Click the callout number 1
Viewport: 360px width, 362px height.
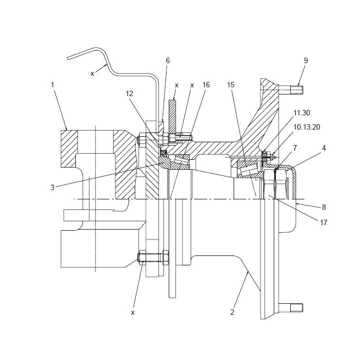click(x=52, y=85)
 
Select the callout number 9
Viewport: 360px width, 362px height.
click(x=306, y=60)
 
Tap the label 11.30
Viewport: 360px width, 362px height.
click(x=302, y=113)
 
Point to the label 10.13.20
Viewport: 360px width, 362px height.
click(x=307, y=127)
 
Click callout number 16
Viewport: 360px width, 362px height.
click(x=206, y=85)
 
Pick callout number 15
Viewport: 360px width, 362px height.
click(x=231, y=85)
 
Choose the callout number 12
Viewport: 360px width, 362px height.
click(x=129, y=93)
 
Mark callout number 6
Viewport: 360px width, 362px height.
click(x=168, y=60)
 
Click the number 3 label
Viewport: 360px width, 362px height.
click(x=52, y=187)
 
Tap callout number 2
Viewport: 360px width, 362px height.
click(x=232, y=312)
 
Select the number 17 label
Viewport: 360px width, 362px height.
click(x=324, y=222)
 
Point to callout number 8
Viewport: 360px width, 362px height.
click(x=324, y=207)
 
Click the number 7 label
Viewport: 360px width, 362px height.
click(x=295, y=148)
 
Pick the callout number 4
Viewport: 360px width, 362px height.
click(x=324, y=148)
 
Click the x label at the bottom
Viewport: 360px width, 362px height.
click(x=132, y=313)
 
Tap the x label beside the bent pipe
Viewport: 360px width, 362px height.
click(x=92, y=74)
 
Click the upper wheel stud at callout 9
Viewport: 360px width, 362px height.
click(x=291, y=90)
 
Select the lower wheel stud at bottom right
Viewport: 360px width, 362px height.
click(x=291, y=308)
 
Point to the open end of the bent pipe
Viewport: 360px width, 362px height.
click(x=68, y=58)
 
